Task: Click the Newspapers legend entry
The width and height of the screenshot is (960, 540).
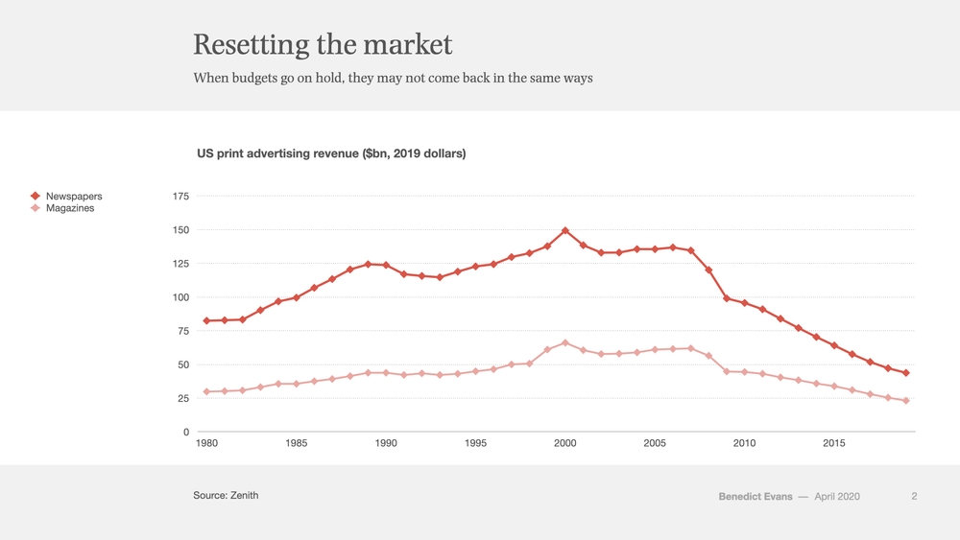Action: [66, 197]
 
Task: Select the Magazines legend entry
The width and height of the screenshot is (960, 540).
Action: [62, 208]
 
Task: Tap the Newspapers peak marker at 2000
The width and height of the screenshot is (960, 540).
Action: [565, 230]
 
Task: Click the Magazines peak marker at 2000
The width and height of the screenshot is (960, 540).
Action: [565, 343]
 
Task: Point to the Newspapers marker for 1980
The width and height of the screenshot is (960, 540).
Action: [206, 321]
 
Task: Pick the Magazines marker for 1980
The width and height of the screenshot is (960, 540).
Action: [206, 391]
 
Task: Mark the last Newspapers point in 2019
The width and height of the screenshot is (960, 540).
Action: [906, 372]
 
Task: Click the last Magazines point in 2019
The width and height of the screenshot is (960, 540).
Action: [906, 401]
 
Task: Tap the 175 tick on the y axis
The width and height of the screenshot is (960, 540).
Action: [181, 197]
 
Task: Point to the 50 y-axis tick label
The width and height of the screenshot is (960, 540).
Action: [183, 364]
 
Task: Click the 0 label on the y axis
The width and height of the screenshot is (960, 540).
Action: [187, 432]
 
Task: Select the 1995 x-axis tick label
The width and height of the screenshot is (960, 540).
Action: [476, 443]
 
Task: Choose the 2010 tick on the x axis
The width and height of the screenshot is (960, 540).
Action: [745, 443]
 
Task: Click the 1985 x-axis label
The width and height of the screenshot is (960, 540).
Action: [297, 443]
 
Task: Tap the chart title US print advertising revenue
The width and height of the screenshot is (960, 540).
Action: [331, 153]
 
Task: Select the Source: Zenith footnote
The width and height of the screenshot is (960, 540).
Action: [226, 495]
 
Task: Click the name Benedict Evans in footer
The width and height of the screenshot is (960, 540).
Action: [756, 497]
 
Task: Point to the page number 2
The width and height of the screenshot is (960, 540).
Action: [914, 497]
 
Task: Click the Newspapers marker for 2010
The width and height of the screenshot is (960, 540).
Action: [745, 303]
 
